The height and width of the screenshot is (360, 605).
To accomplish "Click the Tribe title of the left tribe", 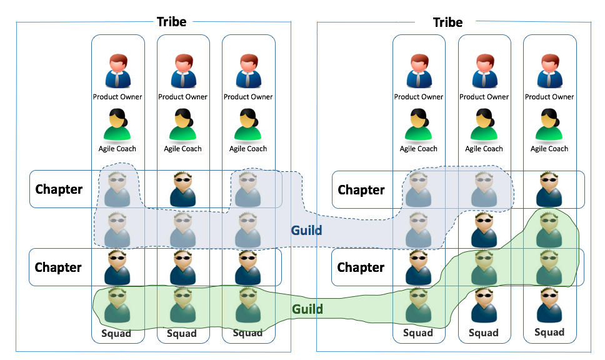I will pos(171,22).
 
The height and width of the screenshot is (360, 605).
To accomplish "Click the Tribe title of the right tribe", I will pos(447,22).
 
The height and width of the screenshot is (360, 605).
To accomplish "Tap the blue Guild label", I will pos(306,230).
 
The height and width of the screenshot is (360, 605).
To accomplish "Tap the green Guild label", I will pos(307,309).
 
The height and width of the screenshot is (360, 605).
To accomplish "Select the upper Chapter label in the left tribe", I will pos(59,189).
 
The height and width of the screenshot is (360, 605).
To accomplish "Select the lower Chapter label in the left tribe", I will pos(58,267).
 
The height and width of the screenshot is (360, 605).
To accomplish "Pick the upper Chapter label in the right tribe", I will pos(361,189).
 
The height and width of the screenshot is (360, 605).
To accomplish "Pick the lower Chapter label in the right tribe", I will pos(361,267).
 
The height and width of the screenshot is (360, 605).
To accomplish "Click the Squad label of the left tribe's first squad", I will pos(117,333).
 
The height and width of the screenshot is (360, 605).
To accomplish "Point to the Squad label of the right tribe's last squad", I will pos(549,332).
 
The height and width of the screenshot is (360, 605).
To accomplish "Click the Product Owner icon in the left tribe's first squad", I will pos(117,71).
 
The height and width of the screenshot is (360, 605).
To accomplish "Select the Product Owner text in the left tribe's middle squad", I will pos(182,97).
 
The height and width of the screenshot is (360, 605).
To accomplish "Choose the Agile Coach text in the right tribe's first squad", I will pos(419,149).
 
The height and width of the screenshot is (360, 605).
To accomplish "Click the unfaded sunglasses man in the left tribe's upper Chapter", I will pos(183,189).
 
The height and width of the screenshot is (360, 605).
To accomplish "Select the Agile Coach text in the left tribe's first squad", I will pos(117,149).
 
